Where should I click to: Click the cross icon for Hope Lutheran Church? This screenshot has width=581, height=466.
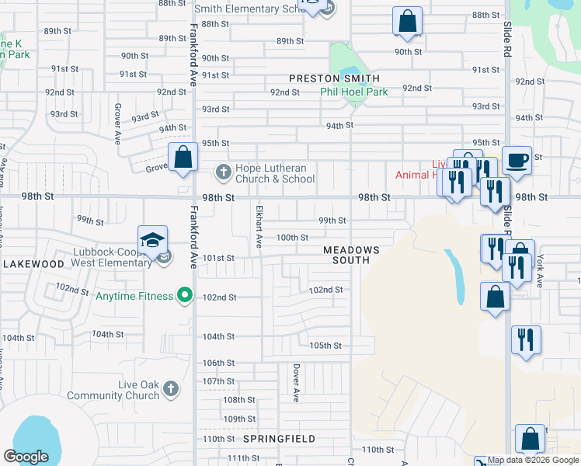pyautogui.click(x=223, y=171)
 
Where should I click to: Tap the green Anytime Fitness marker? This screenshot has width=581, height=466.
pyautogui.click(x=184, y=295)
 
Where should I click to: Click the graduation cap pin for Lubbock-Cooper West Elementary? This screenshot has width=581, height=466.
pyautogui.click(x=153, y=240)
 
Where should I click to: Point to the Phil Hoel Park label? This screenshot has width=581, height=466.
pyautogui.click(x=354, y=92)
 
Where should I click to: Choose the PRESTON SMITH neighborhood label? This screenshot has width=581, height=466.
pyautogui.click(x=335, y=78)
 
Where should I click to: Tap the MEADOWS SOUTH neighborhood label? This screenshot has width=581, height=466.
pyautogui.click(x=351, y=255)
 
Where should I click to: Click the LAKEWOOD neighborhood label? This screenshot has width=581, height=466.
pyautogui.click(x=33, y=264)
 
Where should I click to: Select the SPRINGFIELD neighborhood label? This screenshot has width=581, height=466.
pyautogui.click(x=280, y=439)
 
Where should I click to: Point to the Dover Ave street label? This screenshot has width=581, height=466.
pyautogui.click(x=296, y=383)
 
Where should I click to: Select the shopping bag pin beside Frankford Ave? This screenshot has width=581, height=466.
pyautogui.click(x=183, y=158)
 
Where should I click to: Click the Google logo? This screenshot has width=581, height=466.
pyautogui.click(x=26, y=457)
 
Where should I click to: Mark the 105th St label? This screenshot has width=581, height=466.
pyautogui.click(x=325, y=346)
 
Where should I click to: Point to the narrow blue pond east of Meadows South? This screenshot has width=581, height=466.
pyautogui.click(x=456, y=276)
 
